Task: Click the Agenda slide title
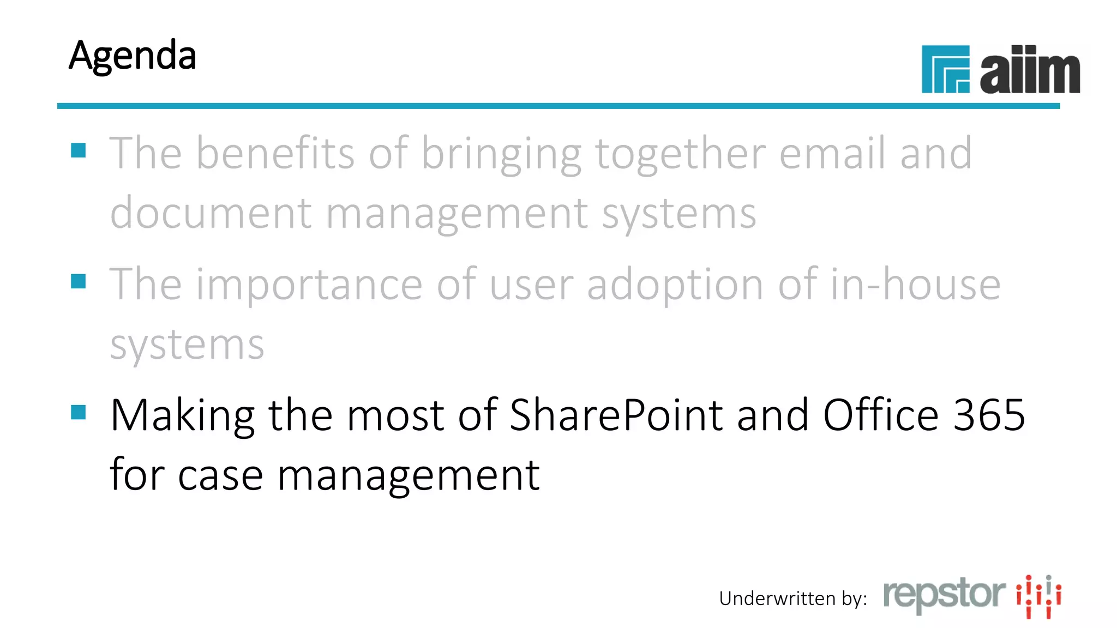(133, 56)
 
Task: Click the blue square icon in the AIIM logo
(945, 69)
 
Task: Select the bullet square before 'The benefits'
(79, 150)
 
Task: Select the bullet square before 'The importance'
(79, 281)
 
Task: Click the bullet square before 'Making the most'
(79, 412)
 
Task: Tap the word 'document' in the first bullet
(211, 213)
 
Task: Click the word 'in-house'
(916, 285)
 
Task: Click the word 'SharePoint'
(616, 415)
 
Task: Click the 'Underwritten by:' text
(792, 599)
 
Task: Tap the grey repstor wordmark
(944, 594)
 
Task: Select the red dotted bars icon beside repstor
(1038, 596)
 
